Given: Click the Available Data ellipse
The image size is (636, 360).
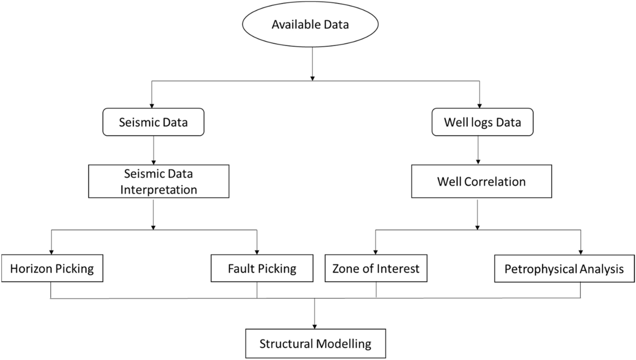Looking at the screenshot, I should pyautogui.click(x=310, y=24).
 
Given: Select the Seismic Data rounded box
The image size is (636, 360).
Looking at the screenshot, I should pyautogui.click(x=153, y=122).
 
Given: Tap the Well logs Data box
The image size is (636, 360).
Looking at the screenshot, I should pyautogui.click(x=482, y=122).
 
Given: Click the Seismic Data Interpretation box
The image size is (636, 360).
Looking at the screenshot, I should pyautogui.click(x=158, y=181).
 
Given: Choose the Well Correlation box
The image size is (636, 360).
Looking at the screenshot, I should pyautogui.click(x=481, y=181).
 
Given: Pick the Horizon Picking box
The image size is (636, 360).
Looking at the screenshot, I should pyautogui.click(x=52, y=268).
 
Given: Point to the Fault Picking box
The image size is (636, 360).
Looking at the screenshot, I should pyautogui.click(x=262, y=268).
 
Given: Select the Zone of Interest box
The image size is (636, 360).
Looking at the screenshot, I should pyautogui.click(x=376, y=268).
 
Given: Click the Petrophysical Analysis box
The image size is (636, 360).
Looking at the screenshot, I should pyautogui.click(x=564, y=269).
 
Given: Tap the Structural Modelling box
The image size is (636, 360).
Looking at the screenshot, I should pyautogui.click(x=315, y=343).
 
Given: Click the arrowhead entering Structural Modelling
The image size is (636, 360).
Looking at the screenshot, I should pyautogui.click(x=315, y=326).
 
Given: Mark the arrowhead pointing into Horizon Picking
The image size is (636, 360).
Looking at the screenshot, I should pyautogui.click(x=51, y=252).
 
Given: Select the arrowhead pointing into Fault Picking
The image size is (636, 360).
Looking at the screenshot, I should pyautogui.click(x=257, y=252).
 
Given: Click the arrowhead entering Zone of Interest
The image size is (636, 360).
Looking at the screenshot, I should pyautogui.click(x=375, y=252).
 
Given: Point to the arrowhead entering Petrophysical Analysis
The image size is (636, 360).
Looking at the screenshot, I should pyautogui.click(x=581, y=252).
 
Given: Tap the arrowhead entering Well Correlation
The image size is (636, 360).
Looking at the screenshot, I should pyautogui.click(x=478, y=162).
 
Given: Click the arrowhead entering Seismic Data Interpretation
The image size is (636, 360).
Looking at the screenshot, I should pyautogui.click(x=153, y=162).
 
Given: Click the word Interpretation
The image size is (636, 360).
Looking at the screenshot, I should pyautogui.click(x=158, y=189).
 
